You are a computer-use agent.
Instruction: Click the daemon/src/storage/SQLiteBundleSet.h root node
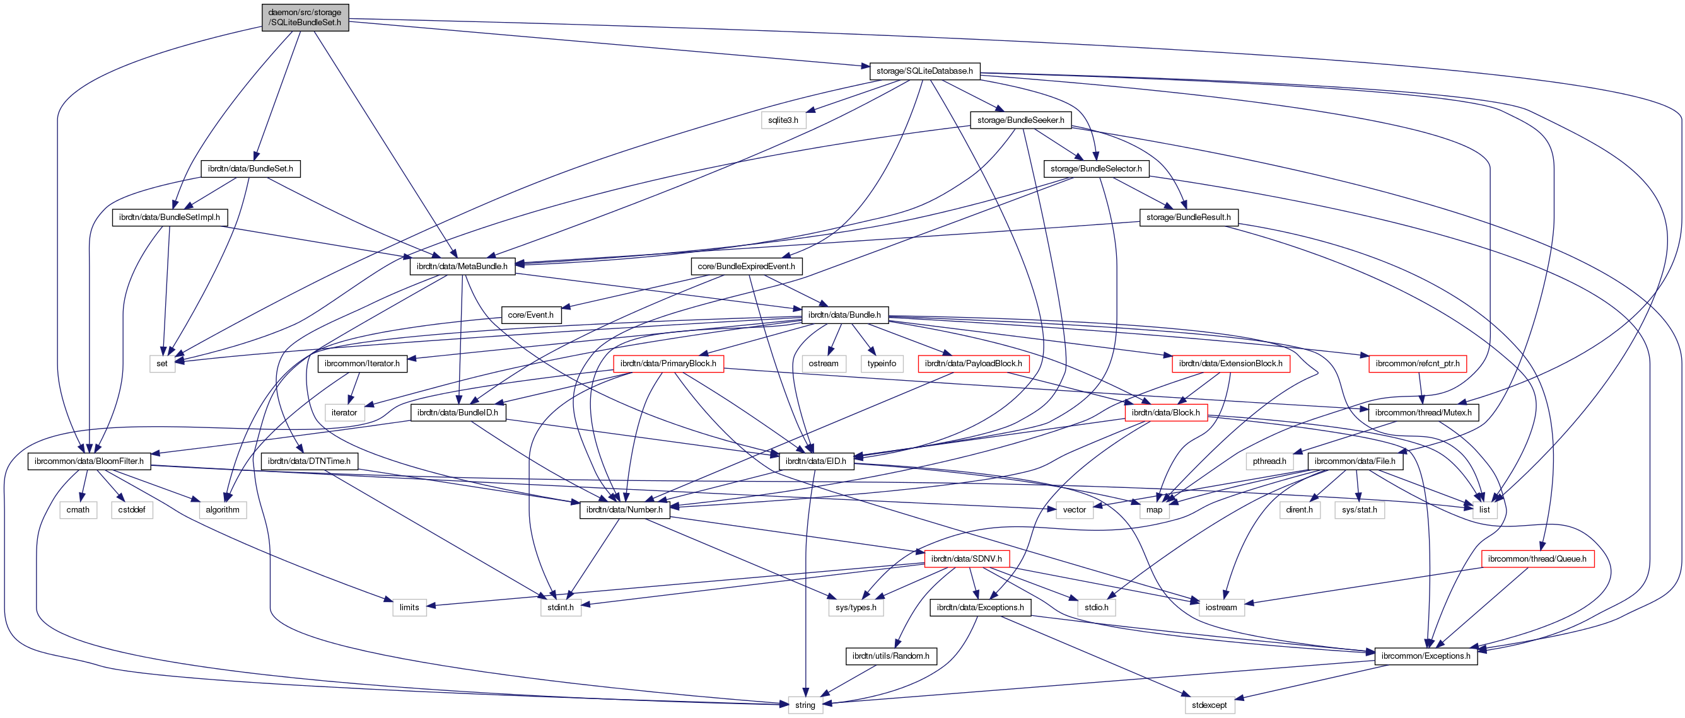pyautogui.click(x=305, y=17)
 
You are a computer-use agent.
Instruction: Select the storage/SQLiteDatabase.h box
pyautogui.click(x=924, y=71)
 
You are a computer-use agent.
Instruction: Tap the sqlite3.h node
pyautogui.click(x=783, y=120)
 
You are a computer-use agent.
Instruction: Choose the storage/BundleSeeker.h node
pyautogui.click(x=1020, y=120)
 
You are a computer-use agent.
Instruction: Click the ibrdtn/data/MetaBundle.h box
pyautogui.click(x=462, y=266)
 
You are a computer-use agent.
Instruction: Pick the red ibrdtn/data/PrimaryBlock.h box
pyautogui.click(x=668, y=364)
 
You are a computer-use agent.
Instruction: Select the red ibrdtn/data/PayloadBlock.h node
pyautogui.click(x=973, y=364)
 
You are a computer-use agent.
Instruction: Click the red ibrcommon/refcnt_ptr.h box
pyautogui.click(x=1418, y=364)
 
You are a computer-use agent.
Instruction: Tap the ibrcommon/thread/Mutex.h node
pyautogui.click(x=1423, y=413)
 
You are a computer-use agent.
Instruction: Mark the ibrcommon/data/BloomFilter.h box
pyautogui.click(x=89, y=461)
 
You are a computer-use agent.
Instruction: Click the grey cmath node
pyautogui.click(x=78, y=510)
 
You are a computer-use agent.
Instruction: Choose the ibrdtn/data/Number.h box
pyautogui.click(x=625, y=510)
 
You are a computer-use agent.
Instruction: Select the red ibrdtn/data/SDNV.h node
pyautogui.click(x=966, y=559)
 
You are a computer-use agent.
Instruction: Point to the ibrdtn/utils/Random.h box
pyautogui.click(x=891, y=656)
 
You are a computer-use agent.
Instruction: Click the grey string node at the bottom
pyautogui.click(x=805, y=705)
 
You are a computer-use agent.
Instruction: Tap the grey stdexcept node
pyautogui.click(x=1209, y=705)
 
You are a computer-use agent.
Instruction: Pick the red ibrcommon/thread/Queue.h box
pyautogui.click(x=1537, y=559)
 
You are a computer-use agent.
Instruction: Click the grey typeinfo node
pyautogui.click(x=882, y=364)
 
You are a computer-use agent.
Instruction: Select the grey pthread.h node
pyautogui.click(x=1269, y=461)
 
